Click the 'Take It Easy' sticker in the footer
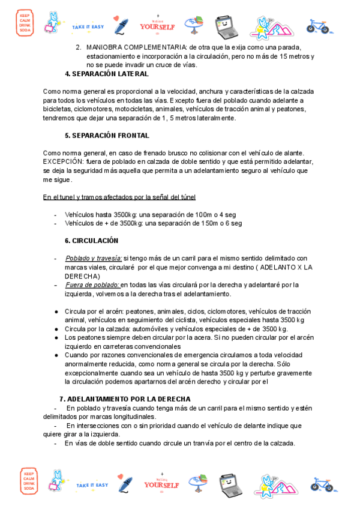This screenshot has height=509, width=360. point(92,484)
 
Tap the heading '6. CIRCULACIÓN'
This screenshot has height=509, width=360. point(91,241)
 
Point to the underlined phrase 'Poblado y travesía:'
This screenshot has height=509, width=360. point(93,259)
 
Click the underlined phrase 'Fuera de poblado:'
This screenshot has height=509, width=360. point(92,285)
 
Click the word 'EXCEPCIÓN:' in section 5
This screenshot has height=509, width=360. point(64,162)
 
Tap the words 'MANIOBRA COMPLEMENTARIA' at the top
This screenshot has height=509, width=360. point(136,47)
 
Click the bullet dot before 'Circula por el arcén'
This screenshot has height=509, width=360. point(56,312)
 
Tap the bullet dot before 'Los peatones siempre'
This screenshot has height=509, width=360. point(56,337)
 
